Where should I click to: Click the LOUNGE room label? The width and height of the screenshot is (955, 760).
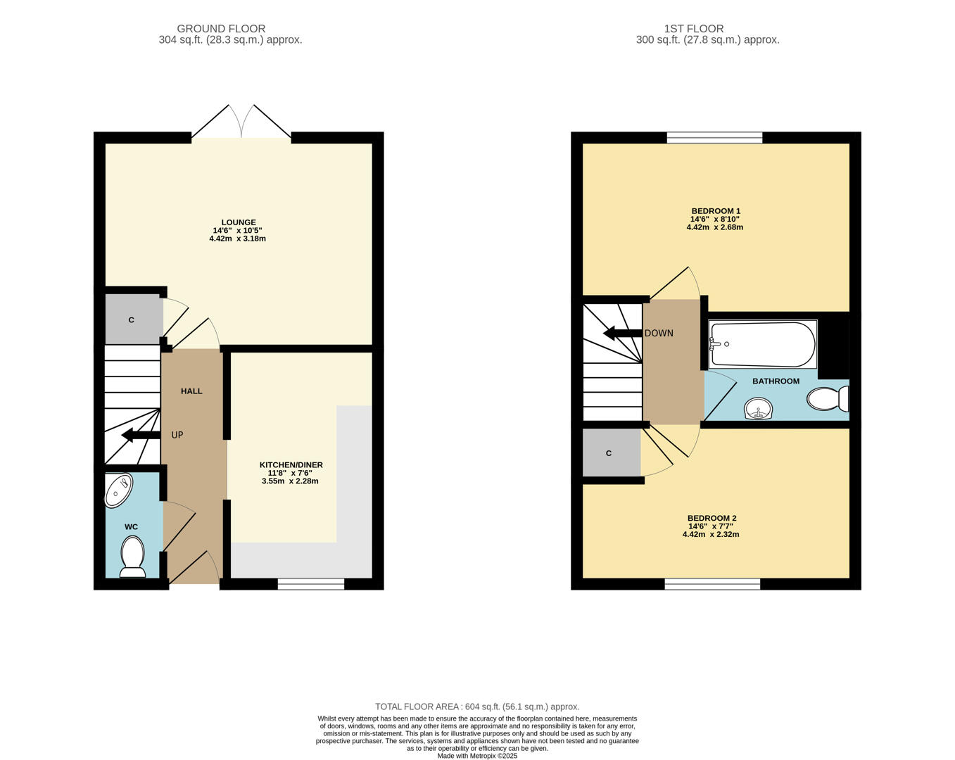(x=239, y=222)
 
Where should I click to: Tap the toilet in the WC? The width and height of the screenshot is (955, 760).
(x=132, y=556)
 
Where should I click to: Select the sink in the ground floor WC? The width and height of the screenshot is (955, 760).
(x=118, y=490)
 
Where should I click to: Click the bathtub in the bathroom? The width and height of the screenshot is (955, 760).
(x=763, y=345)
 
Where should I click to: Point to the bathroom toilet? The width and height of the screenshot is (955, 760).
(x=828, y=399)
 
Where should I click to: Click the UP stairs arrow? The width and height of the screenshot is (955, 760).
(x=140, y=436)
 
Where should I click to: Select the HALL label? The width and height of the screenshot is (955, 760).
(x=191, y=391)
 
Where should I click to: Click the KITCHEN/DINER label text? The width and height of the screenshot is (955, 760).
(x=291, y=465)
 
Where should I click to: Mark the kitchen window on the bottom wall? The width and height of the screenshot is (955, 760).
(x=310, y=583)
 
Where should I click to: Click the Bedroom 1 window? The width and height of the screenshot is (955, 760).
(x=714, y=138)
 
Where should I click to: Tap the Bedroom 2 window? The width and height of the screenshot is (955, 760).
(x=712, y=583)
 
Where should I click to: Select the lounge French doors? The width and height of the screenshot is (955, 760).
(x=241, y=123)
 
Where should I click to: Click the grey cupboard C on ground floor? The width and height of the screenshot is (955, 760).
(x=132, y=320)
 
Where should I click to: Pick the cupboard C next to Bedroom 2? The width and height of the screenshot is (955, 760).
(x=609, y=453)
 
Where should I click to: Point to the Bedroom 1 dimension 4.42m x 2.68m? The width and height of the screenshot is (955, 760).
(x=714, y=227)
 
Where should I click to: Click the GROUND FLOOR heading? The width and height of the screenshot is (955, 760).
(x=221, y=29)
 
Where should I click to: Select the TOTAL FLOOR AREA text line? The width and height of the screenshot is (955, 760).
(x=477, y=707)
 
